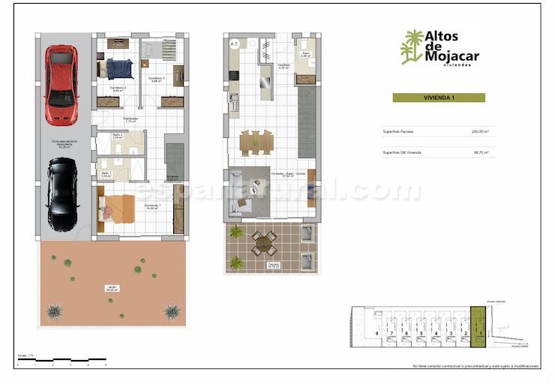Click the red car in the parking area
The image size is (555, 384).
61,85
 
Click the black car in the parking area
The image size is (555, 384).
61,193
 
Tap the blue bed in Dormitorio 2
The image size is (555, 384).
118,69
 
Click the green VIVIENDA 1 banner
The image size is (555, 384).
439,97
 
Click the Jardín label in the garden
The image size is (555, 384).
112,287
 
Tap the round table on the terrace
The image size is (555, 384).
263,241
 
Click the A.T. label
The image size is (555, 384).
235,44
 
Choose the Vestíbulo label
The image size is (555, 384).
264,67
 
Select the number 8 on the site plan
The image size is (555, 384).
376,333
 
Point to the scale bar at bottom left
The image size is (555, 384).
60,361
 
